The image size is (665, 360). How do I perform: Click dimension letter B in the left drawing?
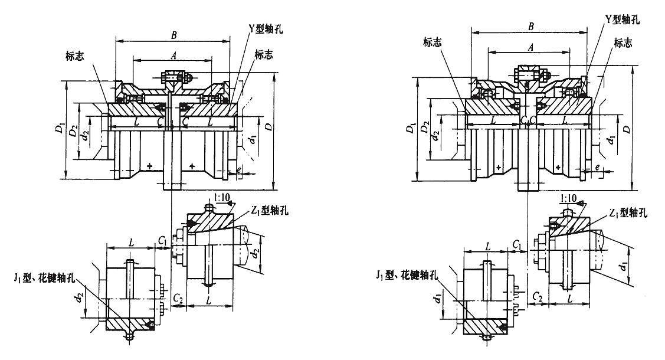pos(173,36)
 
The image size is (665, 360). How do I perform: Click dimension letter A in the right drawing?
pos(530,47)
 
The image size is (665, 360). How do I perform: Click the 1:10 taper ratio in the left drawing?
pos(223,201)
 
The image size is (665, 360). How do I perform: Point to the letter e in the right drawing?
pos(598,168)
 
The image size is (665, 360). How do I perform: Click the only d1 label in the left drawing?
pos(253,140)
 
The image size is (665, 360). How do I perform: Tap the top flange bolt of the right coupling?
pos(529,75)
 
